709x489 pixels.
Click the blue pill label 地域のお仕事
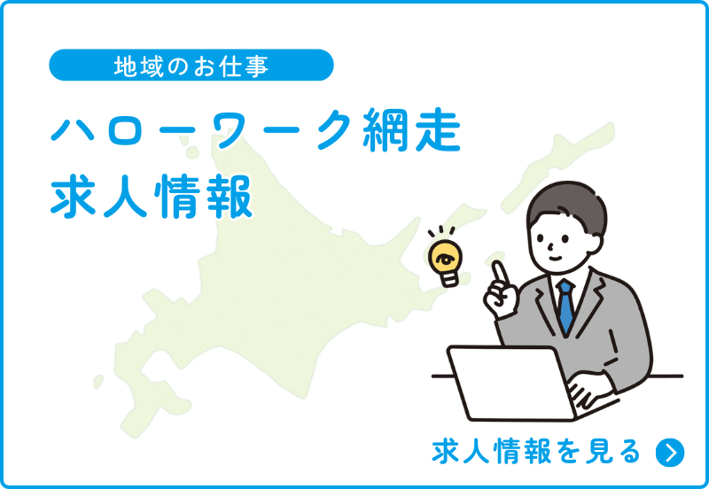191,65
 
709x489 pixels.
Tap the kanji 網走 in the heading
411,129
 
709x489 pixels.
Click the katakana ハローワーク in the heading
202,130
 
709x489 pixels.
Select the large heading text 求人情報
152,197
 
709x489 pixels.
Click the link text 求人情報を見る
536,451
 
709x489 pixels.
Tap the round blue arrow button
670,452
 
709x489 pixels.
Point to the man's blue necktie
565,307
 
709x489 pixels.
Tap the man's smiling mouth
555,258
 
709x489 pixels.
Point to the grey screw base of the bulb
450,278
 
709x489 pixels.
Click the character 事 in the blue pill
259,66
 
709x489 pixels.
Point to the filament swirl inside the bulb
445,259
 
